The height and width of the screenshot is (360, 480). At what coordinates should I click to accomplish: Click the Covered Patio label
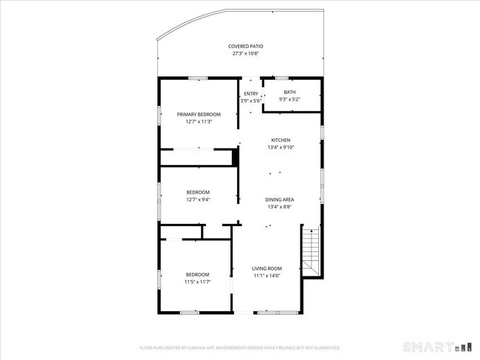click(x=246, y=46)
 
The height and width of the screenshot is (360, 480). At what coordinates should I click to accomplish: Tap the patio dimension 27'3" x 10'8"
click(x=246, y=53)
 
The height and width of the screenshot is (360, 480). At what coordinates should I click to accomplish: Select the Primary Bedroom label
click(x=199, y=115)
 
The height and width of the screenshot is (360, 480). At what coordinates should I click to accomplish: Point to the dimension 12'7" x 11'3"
click(x=199, y=122)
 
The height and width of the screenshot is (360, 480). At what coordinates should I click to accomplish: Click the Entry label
click(x=251, y=93)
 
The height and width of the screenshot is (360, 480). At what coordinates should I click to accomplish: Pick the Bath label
click(x=289, y=92)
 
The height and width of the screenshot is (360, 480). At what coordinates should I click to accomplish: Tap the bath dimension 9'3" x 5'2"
click(x=289, y=99)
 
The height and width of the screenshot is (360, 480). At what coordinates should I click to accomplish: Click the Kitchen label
click(x=281, y=140)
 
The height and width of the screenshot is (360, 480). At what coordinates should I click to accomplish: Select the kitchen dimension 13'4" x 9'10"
click(x=281, y=147)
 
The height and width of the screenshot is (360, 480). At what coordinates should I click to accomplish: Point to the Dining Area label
click(x=281, y=200)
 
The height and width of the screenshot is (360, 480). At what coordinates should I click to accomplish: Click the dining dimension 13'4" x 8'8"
click(x=281, y=207)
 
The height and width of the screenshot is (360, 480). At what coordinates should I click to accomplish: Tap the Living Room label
click(x=267, y=268)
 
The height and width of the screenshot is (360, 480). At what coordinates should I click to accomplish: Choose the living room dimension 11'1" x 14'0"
click(x=267, y=276)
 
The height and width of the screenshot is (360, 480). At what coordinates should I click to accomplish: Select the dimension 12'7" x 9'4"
click(x=199, y=200)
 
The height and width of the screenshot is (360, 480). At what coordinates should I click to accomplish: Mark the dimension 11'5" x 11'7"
click(x=197, y=282)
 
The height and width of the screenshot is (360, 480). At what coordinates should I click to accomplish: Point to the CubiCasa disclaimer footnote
click(x=240, y=347)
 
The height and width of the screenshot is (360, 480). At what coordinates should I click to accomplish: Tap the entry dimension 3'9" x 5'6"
click(x=251, y=101)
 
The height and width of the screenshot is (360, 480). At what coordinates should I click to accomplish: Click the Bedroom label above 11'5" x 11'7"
click(x=197, y=274)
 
